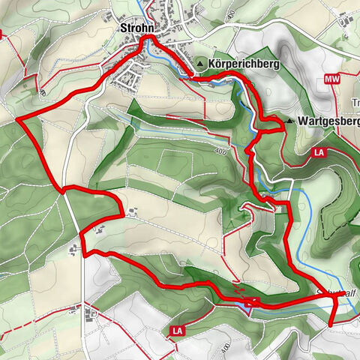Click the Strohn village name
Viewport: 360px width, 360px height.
coord(136,28)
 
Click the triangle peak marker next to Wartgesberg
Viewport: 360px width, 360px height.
coord(290,120)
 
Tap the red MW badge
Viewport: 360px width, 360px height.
coord(332,79)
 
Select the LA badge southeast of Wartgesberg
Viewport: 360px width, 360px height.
coord(319,153)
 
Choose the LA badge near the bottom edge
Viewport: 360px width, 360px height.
coord(178,330)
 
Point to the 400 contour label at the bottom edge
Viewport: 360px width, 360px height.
coord(224,350)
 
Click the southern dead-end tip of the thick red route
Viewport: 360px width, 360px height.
coord(331,324)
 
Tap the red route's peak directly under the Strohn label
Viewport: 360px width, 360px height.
coord(148,37)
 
